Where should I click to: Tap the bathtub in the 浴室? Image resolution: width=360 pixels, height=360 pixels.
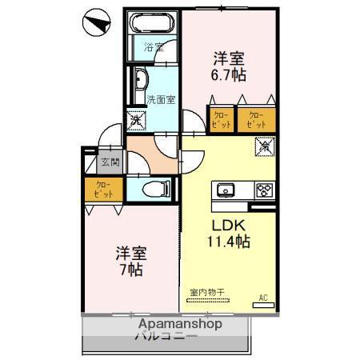point(152,25)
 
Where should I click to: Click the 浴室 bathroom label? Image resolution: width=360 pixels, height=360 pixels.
point(154,47)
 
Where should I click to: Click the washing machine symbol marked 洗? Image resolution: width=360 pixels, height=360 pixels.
point(137,121)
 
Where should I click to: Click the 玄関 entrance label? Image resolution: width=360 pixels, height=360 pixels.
point(110,163)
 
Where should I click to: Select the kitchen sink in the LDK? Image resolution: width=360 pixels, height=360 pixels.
point(223,190)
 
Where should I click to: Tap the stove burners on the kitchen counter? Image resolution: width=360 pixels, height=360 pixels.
point(264,190)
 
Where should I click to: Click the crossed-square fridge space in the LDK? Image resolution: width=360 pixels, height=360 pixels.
point(266,147)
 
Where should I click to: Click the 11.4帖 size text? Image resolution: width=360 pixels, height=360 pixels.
point(228,241)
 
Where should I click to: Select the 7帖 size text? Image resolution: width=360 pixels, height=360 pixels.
point(130,270)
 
